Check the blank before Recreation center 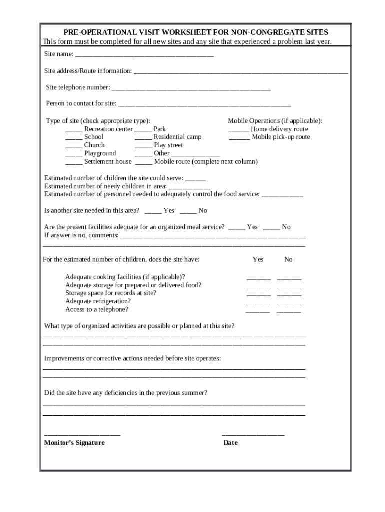(74, 130)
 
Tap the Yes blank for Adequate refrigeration (258, 303)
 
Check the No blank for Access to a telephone (289, 311)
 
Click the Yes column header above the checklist (258, 259)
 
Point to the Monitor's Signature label (74, 443)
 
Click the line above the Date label (253, 435)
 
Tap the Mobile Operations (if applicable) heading (275, 121)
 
